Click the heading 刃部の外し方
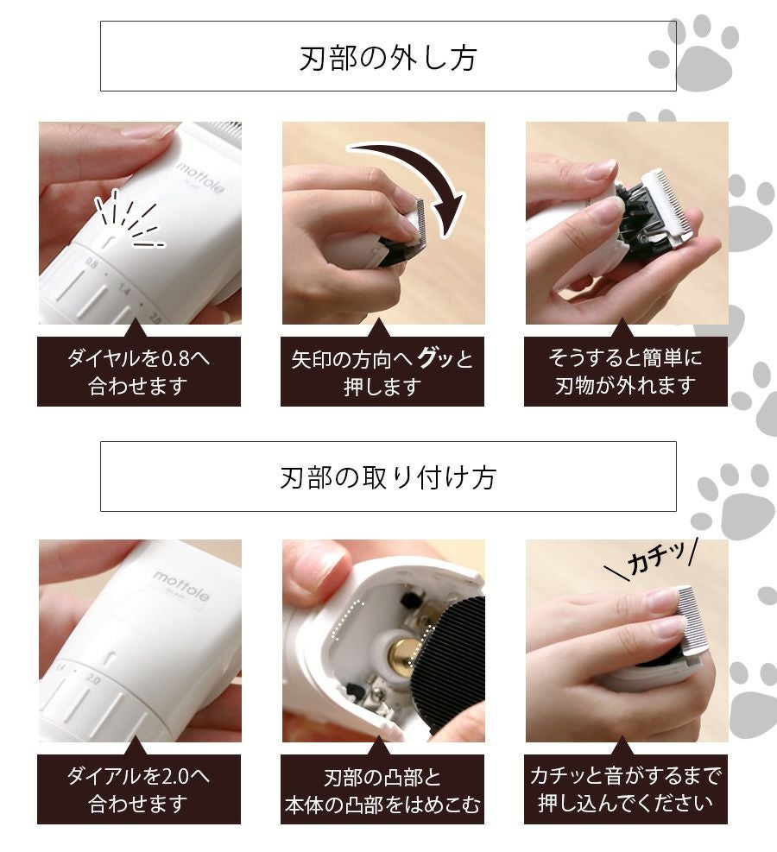pos(388,58)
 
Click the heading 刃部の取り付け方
pos(388,477)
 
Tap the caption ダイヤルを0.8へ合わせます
pos(138,372)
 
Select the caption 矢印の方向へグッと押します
pos(382,372)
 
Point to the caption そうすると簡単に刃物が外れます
pos(625,372)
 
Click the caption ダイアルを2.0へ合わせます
pos(138,790)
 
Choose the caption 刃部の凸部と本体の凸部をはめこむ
pos(382,791)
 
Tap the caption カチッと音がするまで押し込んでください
pos(625,789)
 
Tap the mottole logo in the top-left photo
pos(199,177)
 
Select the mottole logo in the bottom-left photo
pos(181,586)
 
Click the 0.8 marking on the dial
pos(92,265)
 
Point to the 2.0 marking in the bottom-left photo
pos(93,679)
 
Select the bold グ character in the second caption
pos(428,357)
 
